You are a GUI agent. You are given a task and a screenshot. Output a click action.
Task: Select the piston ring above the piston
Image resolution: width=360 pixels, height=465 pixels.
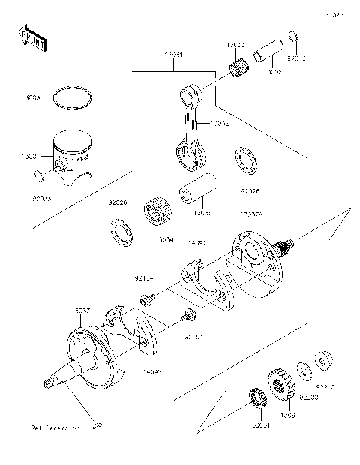click(x=73, y=99)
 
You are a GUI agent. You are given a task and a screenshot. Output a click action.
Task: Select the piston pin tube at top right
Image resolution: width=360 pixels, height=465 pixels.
click(x=269, y=59)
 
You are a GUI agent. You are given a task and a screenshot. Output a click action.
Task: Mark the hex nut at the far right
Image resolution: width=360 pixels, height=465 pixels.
click(x=325, y=360)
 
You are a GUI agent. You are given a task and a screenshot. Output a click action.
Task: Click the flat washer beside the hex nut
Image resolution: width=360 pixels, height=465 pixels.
click(x=304, y=370)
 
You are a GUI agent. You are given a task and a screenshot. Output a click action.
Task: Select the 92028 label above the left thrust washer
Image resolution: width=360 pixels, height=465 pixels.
click(x=118, y=202)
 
